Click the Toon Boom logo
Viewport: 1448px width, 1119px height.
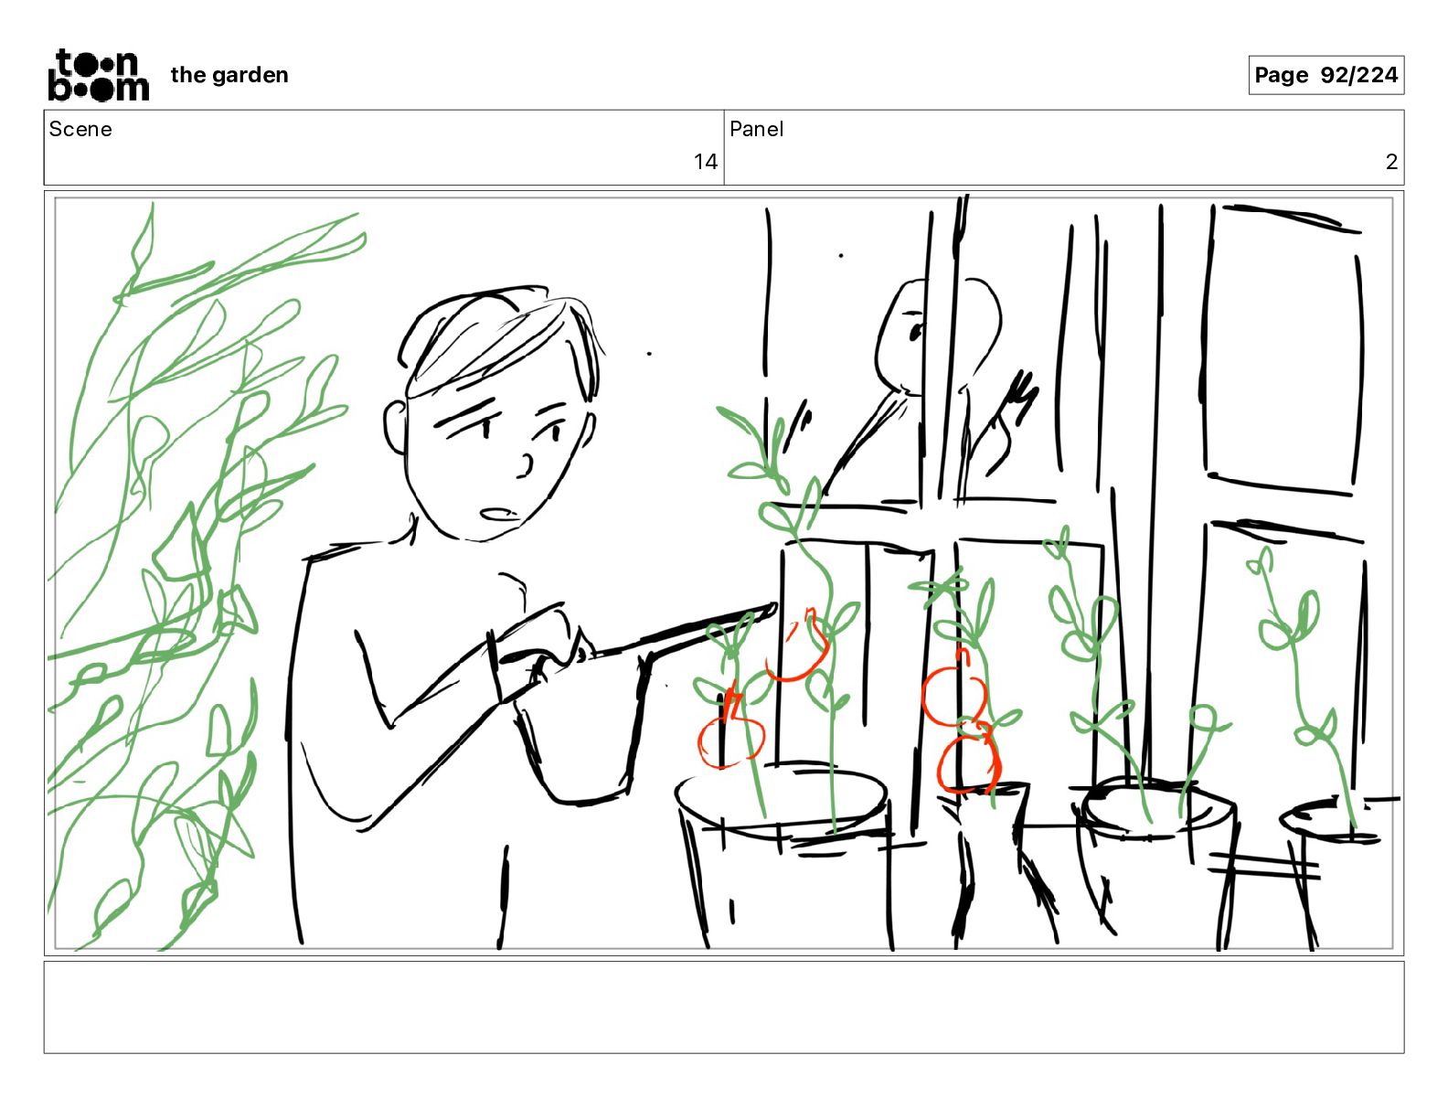coord(99,75)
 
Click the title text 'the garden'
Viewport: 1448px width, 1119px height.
coord(229,75)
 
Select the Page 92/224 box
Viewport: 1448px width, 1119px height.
coord(1326,75)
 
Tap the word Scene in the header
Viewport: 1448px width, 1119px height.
coord(80,129)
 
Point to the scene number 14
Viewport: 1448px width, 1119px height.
coord(705,161)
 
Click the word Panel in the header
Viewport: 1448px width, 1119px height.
coord(756,129)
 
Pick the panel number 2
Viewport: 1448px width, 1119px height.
coord(1391,161)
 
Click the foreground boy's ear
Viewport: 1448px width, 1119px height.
coord(395,427)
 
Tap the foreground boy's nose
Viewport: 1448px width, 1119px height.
coord(526,466)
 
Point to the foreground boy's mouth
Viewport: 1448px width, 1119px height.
coord(499,515)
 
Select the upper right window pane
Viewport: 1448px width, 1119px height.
coord(1283,350)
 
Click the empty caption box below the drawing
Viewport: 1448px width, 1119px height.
coord(724,1007)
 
